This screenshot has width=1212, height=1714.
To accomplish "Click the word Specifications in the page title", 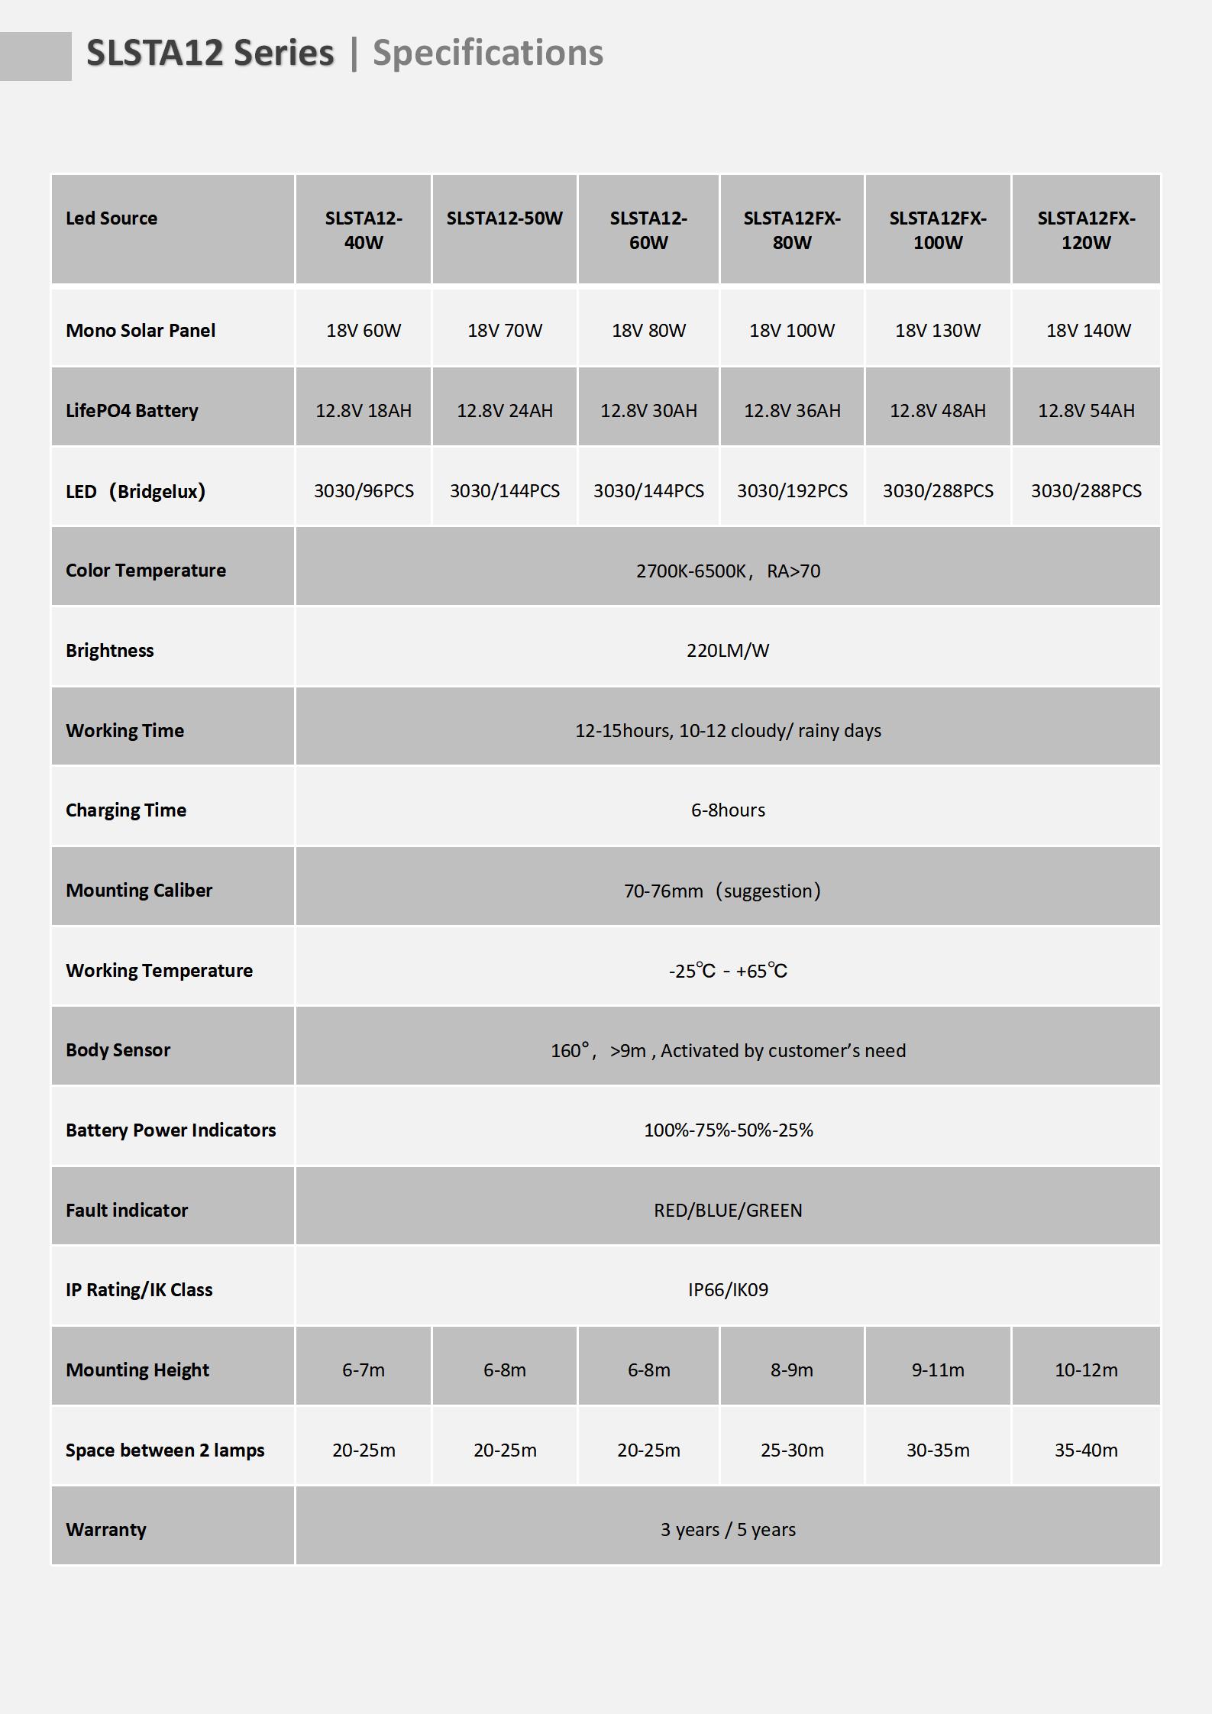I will pos(487,53).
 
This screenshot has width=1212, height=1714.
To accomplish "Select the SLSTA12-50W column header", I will pos(504,218).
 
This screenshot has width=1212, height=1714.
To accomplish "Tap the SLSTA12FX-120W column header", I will pos(1085,230).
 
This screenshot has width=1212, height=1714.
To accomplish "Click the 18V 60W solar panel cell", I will pos(364,331).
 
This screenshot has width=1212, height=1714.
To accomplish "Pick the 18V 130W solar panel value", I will pos(937,331).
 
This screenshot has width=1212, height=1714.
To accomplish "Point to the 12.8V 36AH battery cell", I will pos(792,411).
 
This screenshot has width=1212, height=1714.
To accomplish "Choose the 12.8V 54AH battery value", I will pos(1085,411).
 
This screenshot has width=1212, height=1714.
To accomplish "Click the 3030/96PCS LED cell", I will pos(364,490).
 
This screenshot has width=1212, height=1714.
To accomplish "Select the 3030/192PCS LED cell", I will pos(792,490).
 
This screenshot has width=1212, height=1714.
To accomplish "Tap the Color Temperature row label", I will pos(146,571).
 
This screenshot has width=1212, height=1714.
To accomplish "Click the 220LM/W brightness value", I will pos(727,651).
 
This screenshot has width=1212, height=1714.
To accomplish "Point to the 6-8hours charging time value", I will pos(727,810).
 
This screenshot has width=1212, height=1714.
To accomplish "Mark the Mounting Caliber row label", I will pos(139,891).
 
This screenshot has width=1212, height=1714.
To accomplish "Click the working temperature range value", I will pos(727,971).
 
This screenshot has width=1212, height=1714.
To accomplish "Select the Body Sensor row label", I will pos(118,1050).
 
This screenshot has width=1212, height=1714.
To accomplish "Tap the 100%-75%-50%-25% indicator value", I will pos(727,1130).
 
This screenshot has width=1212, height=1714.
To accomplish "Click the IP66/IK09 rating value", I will pos(727,1290).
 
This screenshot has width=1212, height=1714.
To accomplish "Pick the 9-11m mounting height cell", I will pos(937,1370).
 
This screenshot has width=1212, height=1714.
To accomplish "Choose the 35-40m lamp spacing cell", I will pos(1085,1450).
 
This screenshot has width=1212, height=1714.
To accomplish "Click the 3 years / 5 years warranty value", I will pos(727,1530).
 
